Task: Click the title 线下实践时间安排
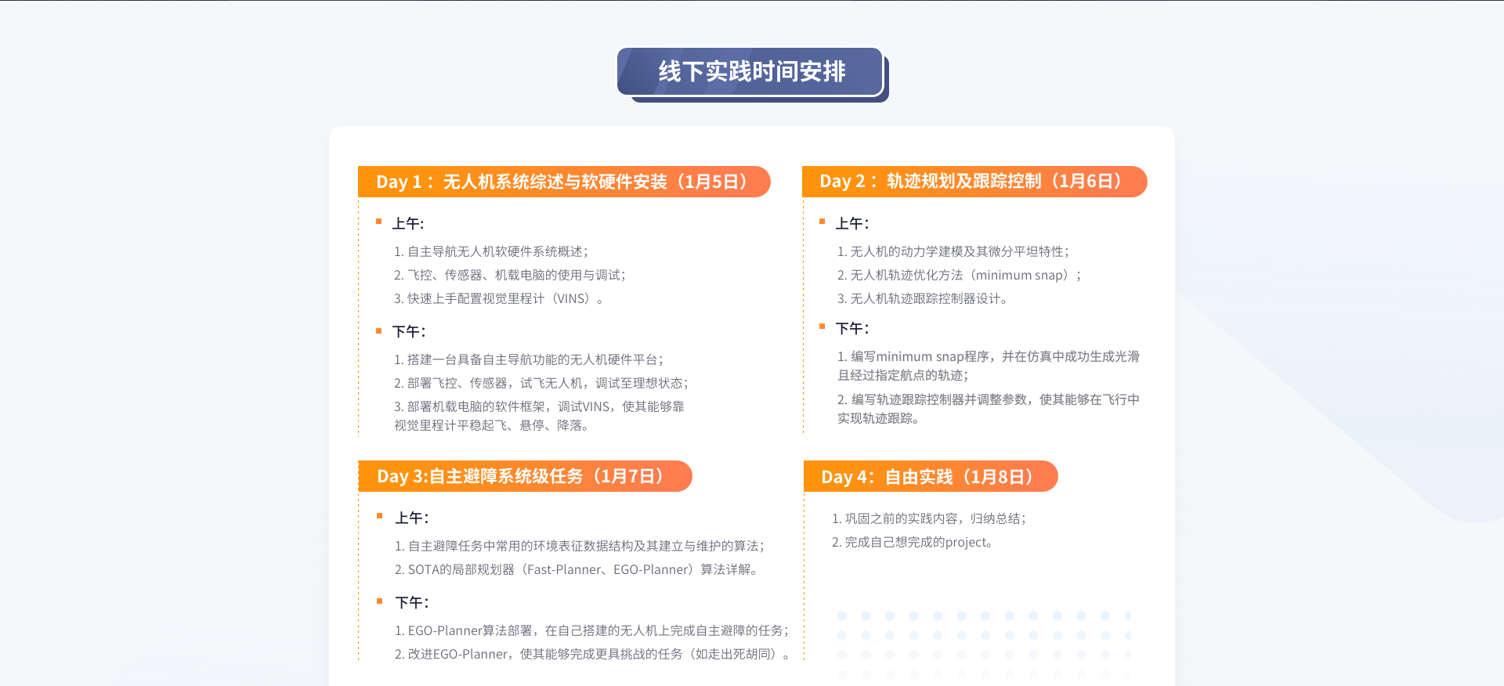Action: pos(752,71)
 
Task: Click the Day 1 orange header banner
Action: pos(564,182)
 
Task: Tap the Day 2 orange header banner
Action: pos(974,182)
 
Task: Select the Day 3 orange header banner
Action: pos(525,476)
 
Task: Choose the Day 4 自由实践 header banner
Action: pos(931,476)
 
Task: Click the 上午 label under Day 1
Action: pos(408,224)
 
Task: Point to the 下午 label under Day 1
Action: pos(409,332)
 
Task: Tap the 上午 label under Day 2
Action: pos(852,224)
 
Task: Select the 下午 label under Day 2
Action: pos(852,329)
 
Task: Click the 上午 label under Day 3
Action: pos(412,518)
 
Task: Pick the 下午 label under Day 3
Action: pos(412,603)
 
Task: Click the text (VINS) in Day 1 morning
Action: pos(571,298)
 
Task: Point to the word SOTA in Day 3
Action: pos(423,569)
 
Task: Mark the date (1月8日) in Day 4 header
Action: pos(999,476)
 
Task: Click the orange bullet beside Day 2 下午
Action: pos(822,327)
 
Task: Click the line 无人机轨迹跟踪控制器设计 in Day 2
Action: pos(926,298)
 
